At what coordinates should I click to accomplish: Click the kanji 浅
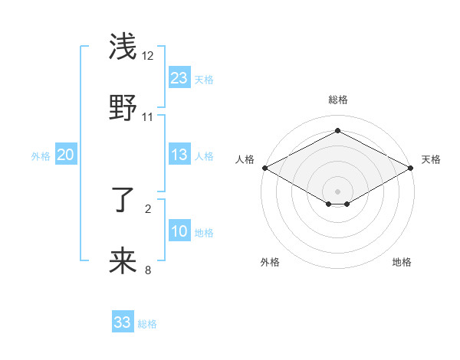click(x=123, y=47)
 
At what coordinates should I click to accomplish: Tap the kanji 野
click(x=123, y=107)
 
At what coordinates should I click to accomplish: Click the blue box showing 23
click(x=179, y=77)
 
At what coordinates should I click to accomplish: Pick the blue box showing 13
click(x=179, y=155)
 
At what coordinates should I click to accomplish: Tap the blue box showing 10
click(x=179, y=231)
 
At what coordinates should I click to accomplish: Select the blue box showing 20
click(x=66, y=155)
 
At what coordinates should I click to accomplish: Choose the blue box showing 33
click(x=123, y=322)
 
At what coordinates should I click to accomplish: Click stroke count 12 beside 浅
click(x=148, y=56)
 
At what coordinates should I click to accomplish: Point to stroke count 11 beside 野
click(x=148, y=116)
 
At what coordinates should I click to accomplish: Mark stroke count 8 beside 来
click(x=148, y=270)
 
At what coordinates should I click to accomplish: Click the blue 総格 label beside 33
click(x=147, y=324)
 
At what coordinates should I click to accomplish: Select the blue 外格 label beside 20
click(x=41, y=156)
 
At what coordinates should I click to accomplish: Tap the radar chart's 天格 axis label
click(x=431, y=159)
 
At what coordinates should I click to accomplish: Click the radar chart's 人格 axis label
click(x=245, y=159)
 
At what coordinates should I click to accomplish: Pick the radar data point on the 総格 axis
click(x=337, y=130)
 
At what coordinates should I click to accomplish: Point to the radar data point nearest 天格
click(x=412, y=168)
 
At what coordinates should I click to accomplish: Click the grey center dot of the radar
click(x=337, y=190)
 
